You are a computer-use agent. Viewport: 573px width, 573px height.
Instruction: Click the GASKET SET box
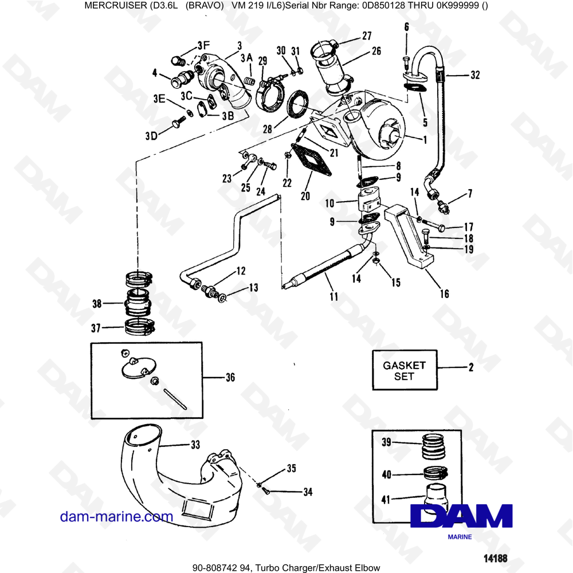(x=405, y=370)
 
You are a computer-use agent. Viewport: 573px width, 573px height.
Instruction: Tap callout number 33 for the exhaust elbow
(x=195, y=444)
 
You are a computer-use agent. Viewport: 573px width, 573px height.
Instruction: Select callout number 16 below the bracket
(x=444, y=295)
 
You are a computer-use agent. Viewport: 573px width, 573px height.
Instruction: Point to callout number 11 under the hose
(x=333, y=297)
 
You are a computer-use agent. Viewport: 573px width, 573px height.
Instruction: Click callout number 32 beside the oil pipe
(x=474, y=74)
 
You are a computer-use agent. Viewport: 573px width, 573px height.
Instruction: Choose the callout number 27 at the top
(x=366, y=36)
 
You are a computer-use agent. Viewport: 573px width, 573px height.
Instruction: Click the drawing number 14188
(x=485, y=557)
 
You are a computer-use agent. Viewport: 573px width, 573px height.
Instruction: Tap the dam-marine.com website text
(x=116, y=516)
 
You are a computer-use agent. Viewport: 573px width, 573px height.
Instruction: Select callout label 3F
(x=203, y=45)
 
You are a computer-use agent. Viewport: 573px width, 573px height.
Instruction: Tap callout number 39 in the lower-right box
(x=387, y=441)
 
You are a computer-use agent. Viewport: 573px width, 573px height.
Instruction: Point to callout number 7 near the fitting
(x=470, y=194)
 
